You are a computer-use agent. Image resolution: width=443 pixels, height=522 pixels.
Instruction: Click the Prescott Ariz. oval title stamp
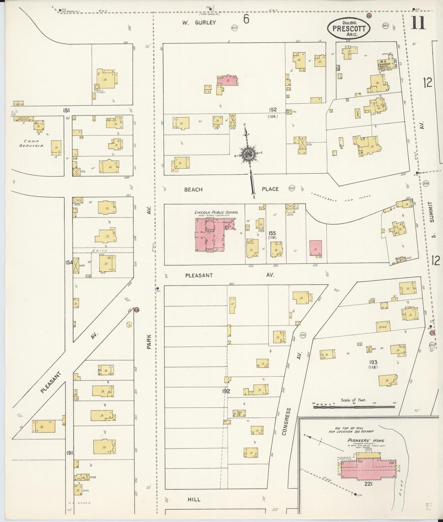(349, 29)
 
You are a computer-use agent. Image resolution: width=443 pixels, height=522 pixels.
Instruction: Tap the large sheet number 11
(418, 23)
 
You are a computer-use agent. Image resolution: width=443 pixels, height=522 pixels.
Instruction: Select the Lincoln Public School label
(216, 212)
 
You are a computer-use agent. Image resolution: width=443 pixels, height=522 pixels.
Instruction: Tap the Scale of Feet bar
(354, 407)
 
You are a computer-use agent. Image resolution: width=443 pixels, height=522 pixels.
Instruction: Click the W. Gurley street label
(199, 22)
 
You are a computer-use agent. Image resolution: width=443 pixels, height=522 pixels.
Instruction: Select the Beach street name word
(193, 190)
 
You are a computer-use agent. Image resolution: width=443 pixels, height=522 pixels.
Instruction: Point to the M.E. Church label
(384, 63)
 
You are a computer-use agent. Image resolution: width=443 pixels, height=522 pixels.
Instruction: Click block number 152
(273, 110)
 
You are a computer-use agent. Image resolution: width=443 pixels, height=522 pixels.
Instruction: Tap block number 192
(226, 391)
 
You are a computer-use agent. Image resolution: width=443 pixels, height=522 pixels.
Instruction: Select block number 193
(373, 362)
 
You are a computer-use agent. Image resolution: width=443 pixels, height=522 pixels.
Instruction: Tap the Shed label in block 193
(382, 327)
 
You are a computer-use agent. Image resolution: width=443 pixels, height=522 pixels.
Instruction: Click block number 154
(69, 263)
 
